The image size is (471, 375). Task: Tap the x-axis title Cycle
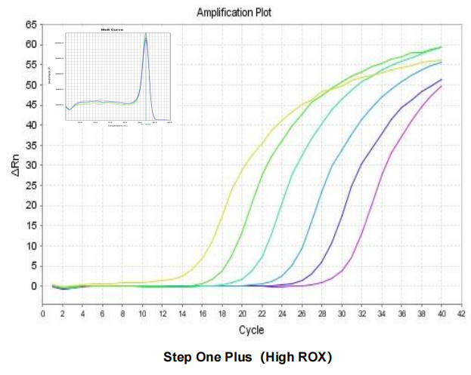(x=251, y=330)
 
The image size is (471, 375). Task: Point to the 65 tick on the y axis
(x=31, y=25)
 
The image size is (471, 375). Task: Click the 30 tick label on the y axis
(x=31, y=165)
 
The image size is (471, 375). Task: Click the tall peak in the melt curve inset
(x=146, y=38)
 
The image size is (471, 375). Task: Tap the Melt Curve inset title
(x=112, y=30)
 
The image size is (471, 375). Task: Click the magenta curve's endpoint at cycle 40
(x=441, y=85)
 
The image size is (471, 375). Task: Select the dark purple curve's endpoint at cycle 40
(x=441, y=79)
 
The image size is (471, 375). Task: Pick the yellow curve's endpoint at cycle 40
(x=441, y=60)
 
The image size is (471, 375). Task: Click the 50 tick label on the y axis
(x=31, y=85)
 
